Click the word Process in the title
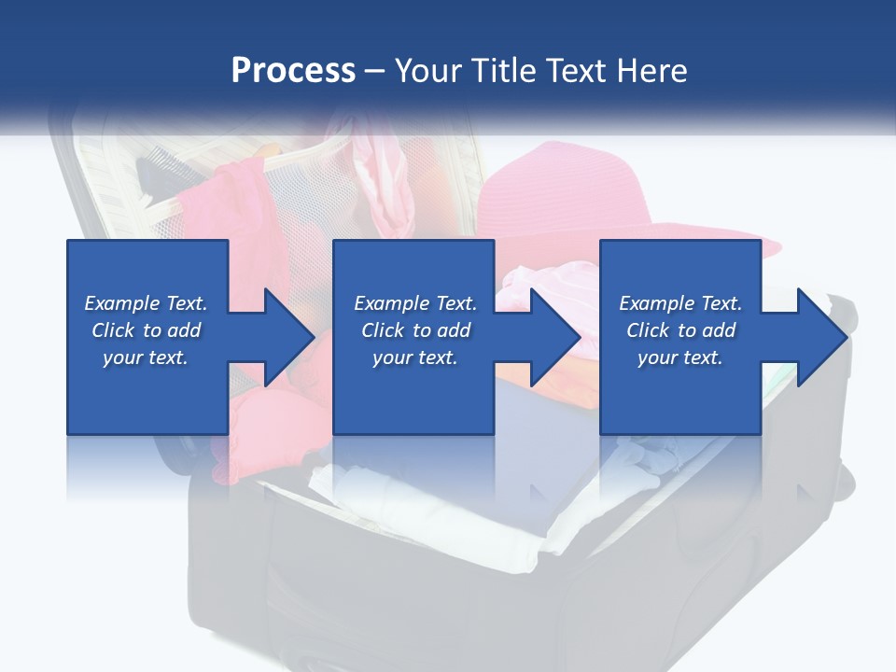coord(293,71)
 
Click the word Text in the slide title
coord(578,71)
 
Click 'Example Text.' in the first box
coord(146,303)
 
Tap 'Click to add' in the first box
coord(146,330)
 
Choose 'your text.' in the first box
coord(146,357)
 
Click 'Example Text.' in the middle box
coord(415,303)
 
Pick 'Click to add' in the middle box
coord(415,330)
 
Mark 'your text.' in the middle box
coord(415,357)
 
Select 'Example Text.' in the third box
coord(680,303)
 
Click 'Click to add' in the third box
coord(680,330)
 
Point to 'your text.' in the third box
coord(680,357)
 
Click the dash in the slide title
coord(375,72)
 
